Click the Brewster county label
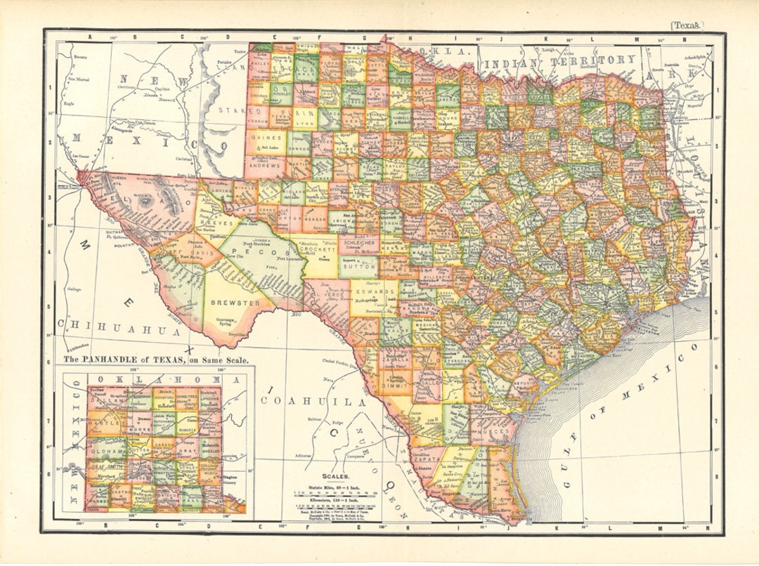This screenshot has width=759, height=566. pyautogui.click(x=235, y=303)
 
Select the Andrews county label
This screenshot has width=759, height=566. pyautogui.click(x=268, y=166)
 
